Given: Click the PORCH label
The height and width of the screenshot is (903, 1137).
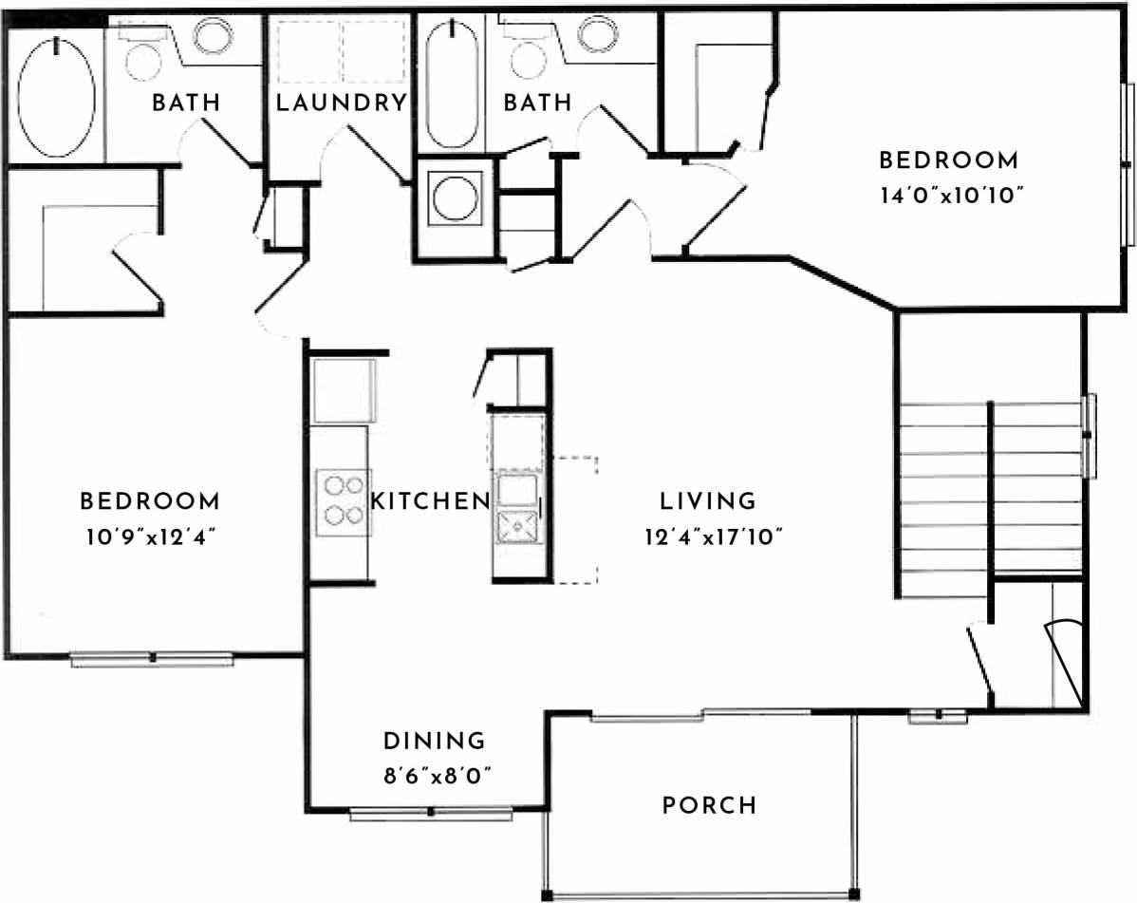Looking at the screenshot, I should [709, 806].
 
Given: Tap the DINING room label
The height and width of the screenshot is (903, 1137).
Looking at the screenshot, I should [434, 741].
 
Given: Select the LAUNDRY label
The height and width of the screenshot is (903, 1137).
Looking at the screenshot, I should [341, 103].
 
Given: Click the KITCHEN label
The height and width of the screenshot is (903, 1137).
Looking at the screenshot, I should [429, 500].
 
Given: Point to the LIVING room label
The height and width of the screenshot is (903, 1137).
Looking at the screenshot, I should [708, 500].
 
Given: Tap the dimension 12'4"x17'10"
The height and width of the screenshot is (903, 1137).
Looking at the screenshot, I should [711, 536].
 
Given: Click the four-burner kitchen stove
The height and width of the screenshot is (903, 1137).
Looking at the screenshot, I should [342, 500].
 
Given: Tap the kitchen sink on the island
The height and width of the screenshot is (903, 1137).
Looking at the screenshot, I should [516, 523].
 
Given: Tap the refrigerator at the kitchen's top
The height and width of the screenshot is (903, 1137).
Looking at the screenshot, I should [344, 390].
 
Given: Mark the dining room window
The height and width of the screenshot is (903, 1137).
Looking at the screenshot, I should [431, 813].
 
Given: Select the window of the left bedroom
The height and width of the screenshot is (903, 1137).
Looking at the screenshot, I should [152, 658].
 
